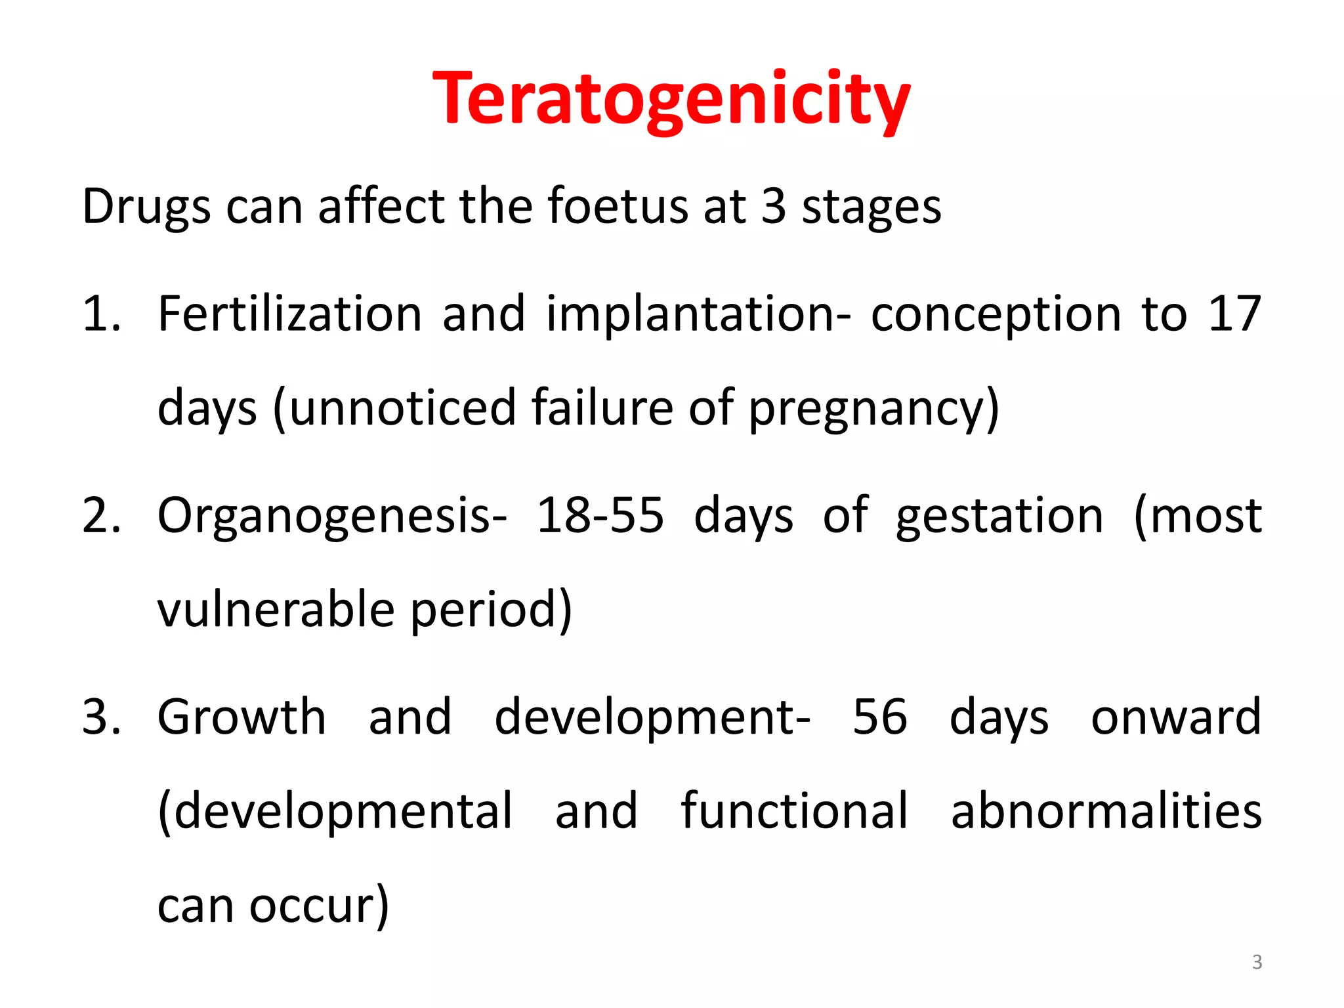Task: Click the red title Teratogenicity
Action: pos(671,100)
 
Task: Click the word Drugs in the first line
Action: pos(146,207)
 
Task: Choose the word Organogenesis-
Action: pos(332,516)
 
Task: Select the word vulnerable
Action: pos(276,610)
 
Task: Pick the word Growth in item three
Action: pos(241,717)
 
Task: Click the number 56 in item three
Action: pos(880,717)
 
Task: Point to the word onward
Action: pos(1176,717)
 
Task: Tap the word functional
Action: pos(794,811)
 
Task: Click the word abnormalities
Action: pos(1106,811)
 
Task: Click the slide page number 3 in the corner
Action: pos(1257,962)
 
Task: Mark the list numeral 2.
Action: pos(100,516)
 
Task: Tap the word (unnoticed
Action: pos(394,408)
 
